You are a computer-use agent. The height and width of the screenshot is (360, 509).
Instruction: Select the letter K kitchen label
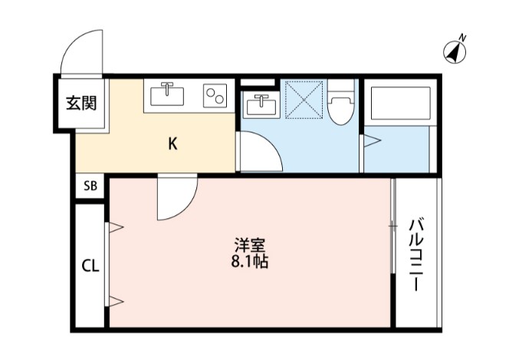click(173, 143)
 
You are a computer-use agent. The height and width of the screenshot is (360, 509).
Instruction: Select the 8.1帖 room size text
click(250, 261)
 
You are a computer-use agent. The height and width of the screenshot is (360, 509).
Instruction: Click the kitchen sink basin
click(166, 95)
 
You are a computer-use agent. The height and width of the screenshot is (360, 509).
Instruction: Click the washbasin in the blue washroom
click(262, 103)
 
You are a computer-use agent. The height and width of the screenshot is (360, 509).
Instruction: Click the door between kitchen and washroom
click(258, 151)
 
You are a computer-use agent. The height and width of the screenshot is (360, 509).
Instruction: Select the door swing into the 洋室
click(177, 198)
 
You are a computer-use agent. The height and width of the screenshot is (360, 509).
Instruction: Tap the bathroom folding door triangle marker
click(370, 141)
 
